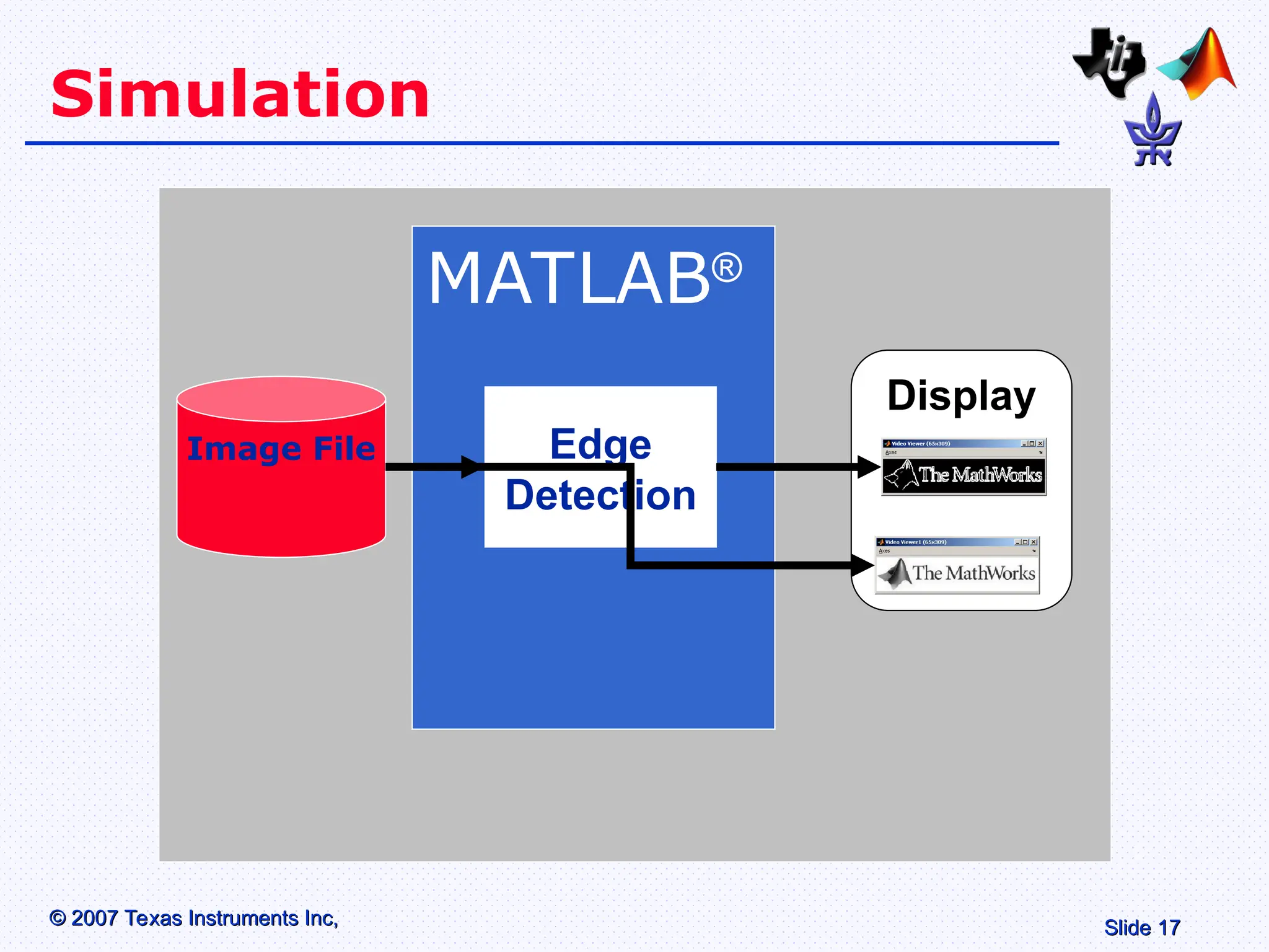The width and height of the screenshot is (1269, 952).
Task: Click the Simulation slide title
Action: pyautogui.click(x=240, y=94)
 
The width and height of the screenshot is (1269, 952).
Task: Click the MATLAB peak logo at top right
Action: pyautogui.click(x=1199, y=65)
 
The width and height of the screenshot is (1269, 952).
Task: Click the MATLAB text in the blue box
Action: pyautogui.click(x=569, y=279)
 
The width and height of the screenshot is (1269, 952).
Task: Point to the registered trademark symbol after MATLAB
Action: pyautogui.click(x=726, y=268)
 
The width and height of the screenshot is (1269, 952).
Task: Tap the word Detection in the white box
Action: pyautogui.click(x=600, y=495)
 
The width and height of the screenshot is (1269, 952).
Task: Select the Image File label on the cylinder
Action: pyautogui.click(x=281, y=448)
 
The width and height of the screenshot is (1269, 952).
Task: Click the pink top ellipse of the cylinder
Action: pyautogui.click(x=281, y=399)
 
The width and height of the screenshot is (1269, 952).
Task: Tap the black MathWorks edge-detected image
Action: pyautogui.click(x=964, y=475)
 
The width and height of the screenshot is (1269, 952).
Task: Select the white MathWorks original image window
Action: pyautogui.click(x=957, y=573)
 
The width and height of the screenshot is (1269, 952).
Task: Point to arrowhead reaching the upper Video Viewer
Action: pyautogui.click(x=869, y=467)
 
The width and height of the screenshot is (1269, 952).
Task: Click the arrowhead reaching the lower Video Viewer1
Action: pyautogui.click(x=862, y=565)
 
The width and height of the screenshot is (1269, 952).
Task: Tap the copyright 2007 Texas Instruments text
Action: pyautogui.click(x=194, y=918)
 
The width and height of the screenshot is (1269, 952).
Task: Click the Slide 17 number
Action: pyautogui.click(x=1141, y=928)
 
